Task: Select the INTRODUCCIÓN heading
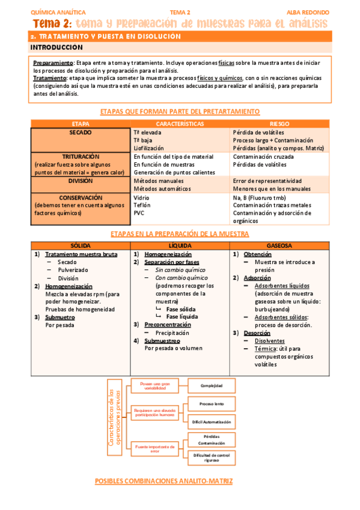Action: (x=56, y=46)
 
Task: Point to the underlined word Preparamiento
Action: (x=53, y=63)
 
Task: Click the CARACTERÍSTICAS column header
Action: (x=178, y=123)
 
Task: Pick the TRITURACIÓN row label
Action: (x=81, y=156)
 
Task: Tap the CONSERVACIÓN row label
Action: (x=81, y=197)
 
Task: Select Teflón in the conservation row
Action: (x=142, y=205)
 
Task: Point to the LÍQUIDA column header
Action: (x=180, y=246)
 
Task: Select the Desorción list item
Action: (x=257, y=333)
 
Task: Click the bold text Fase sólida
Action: (x=181, y=309)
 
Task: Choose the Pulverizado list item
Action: (x=73, y=270)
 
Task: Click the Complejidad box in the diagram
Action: (x=211, y=385)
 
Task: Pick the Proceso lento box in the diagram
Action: (x=211, y=405)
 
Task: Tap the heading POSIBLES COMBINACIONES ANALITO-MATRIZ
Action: (x=163, y=481)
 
